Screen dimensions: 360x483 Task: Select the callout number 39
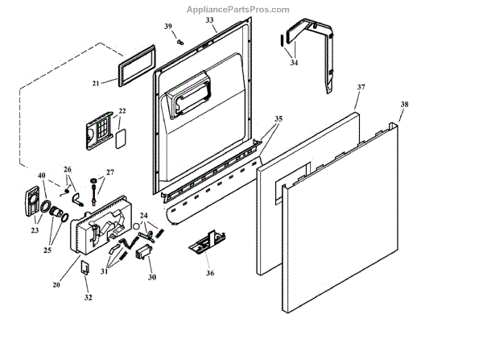[x=168, y=27]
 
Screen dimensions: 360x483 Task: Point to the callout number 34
[x=293, y=62]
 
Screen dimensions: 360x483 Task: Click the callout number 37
[x=361, y=87]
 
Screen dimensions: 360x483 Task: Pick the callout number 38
[x=404, y=105]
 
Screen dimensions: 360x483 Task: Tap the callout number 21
[x=95, y=83]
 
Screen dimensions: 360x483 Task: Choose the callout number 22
[x=122, y=111]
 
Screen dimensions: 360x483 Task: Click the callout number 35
[x=278, y=118]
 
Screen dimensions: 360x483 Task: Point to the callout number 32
[x=88, y=297]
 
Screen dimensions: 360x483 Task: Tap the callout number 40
[x=41, y=175]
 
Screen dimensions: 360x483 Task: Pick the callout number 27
[x=110, y=172]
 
